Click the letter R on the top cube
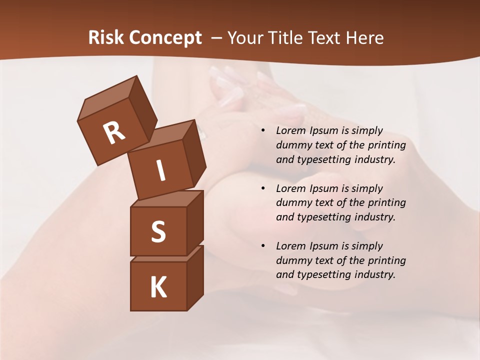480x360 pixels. pos(114,133)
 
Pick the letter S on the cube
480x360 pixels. pos(158,231)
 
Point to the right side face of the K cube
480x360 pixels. pos(195,277)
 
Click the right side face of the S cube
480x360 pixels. pos(195,222)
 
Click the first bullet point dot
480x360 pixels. pos(263,130)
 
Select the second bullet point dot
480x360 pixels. pos(263,188)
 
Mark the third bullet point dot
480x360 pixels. pos(263,246)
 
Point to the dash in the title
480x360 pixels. pos(216,37)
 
